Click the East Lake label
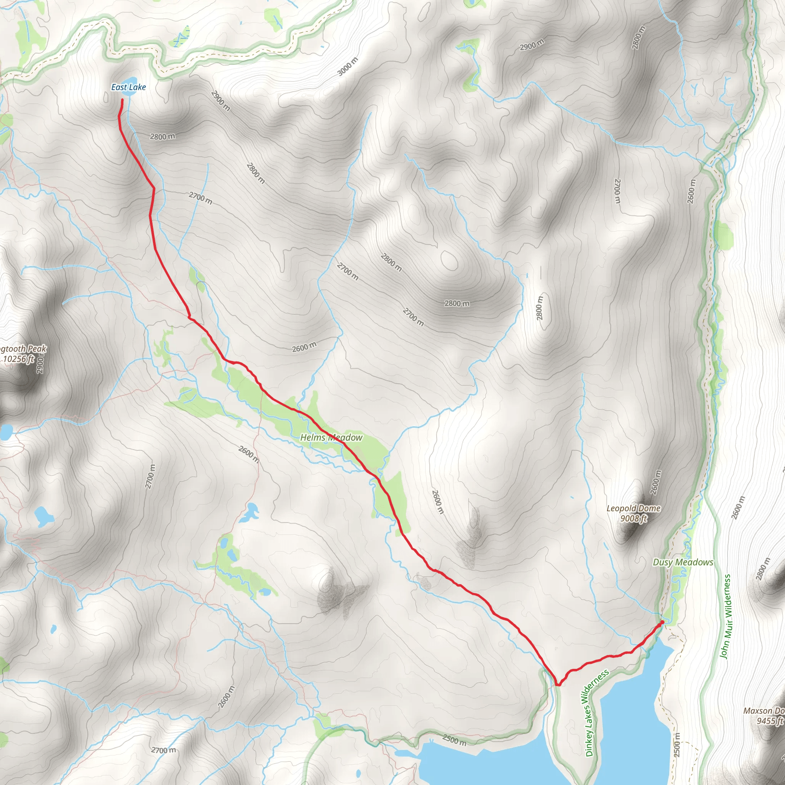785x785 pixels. pos(128,87)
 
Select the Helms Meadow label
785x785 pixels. pos(331,438)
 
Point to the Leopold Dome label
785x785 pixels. pos(634,508)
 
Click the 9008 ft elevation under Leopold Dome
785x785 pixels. pos(634,518)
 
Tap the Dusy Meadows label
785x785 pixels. pos(683,562)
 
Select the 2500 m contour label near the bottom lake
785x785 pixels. pos(454,740)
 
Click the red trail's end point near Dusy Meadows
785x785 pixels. pos(662,622)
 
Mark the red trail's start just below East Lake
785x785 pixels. pos(122,100)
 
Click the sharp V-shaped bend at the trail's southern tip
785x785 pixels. pos(558,685)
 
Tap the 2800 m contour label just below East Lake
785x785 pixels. pos(163,136)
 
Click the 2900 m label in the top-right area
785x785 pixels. pos(532,45)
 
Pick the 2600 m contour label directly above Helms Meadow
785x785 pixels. pos(304,347)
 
